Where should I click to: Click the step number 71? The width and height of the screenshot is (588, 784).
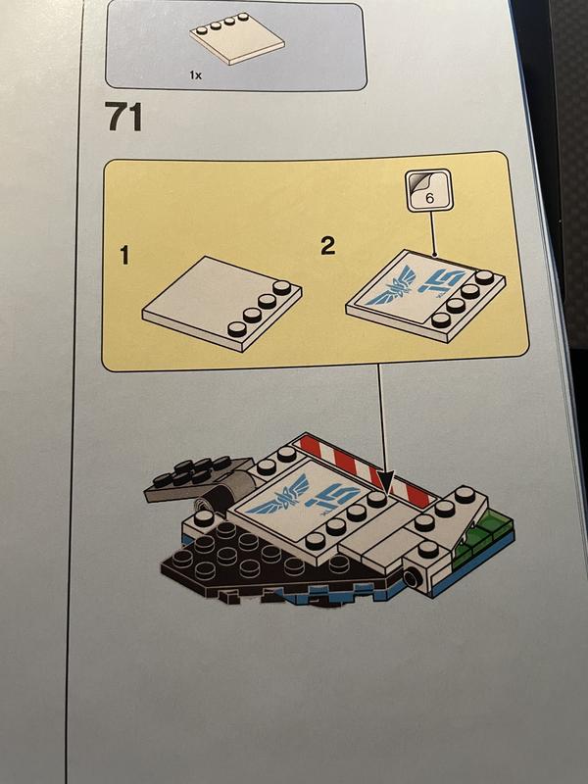pos(123,117)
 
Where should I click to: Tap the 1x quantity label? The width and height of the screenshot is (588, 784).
pos(195,75)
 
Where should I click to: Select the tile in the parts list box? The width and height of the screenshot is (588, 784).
pos(237,38)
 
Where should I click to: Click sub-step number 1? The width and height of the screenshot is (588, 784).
pos(124,256)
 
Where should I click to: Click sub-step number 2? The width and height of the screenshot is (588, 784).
pos(328,246)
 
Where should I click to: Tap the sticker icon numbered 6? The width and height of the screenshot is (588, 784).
pos(428,190)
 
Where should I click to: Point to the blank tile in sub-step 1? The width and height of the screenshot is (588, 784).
pos(222,304)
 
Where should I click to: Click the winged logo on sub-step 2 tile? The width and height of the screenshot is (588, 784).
pos(391,286)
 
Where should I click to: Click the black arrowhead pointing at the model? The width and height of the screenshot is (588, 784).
pos(386,481)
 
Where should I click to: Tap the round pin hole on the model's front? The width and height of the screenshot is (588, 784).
pos(412,578)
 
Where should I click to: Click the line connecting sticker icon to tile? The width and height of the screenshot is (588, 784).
pos(431,234)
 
